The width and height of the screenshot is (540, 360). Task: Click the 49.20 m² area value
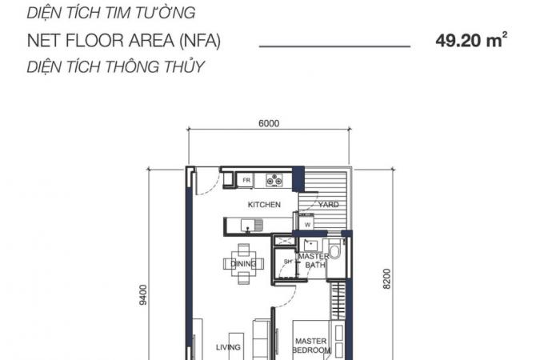point(471,40)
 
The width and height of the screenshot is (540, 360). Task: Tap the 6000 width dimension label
point(269,123)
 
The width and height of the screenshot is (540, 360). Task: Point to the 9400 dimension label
point(143,294)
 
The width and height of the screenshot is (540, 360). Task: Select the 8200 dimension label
point(386,278)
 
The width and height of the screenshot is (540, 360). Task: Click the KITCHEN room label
point(264,205)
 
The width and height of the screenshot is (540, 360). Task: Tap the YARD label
point(329,204)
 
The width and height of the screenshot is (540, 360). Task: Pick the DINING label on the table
point(243,264)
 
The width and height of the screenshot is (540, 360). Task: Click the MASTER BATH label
point(314,261)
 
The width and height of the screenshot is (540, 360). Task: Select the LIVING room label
point(228,347)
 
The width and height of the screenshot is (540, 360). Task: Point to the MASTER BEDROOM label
point(311,346)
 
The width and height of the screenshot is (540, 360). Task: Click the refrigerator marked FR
point(246,180)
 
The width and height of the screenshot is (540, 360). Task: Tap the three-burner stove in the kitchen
point(274,180)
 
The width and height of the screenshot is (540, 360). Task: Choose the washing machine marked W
point(306,222)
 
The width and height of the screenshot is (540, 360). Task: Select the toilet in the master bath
point(334,249)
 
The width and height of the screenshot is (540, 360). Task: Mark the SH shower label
point(288,262)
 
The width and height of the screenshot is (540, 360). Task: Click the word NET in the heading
point(44,40)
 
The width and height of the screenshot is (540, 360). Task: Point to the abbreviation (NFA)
point(200,41)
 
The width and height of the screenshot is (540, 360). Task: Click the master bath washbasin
point(311,245)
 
